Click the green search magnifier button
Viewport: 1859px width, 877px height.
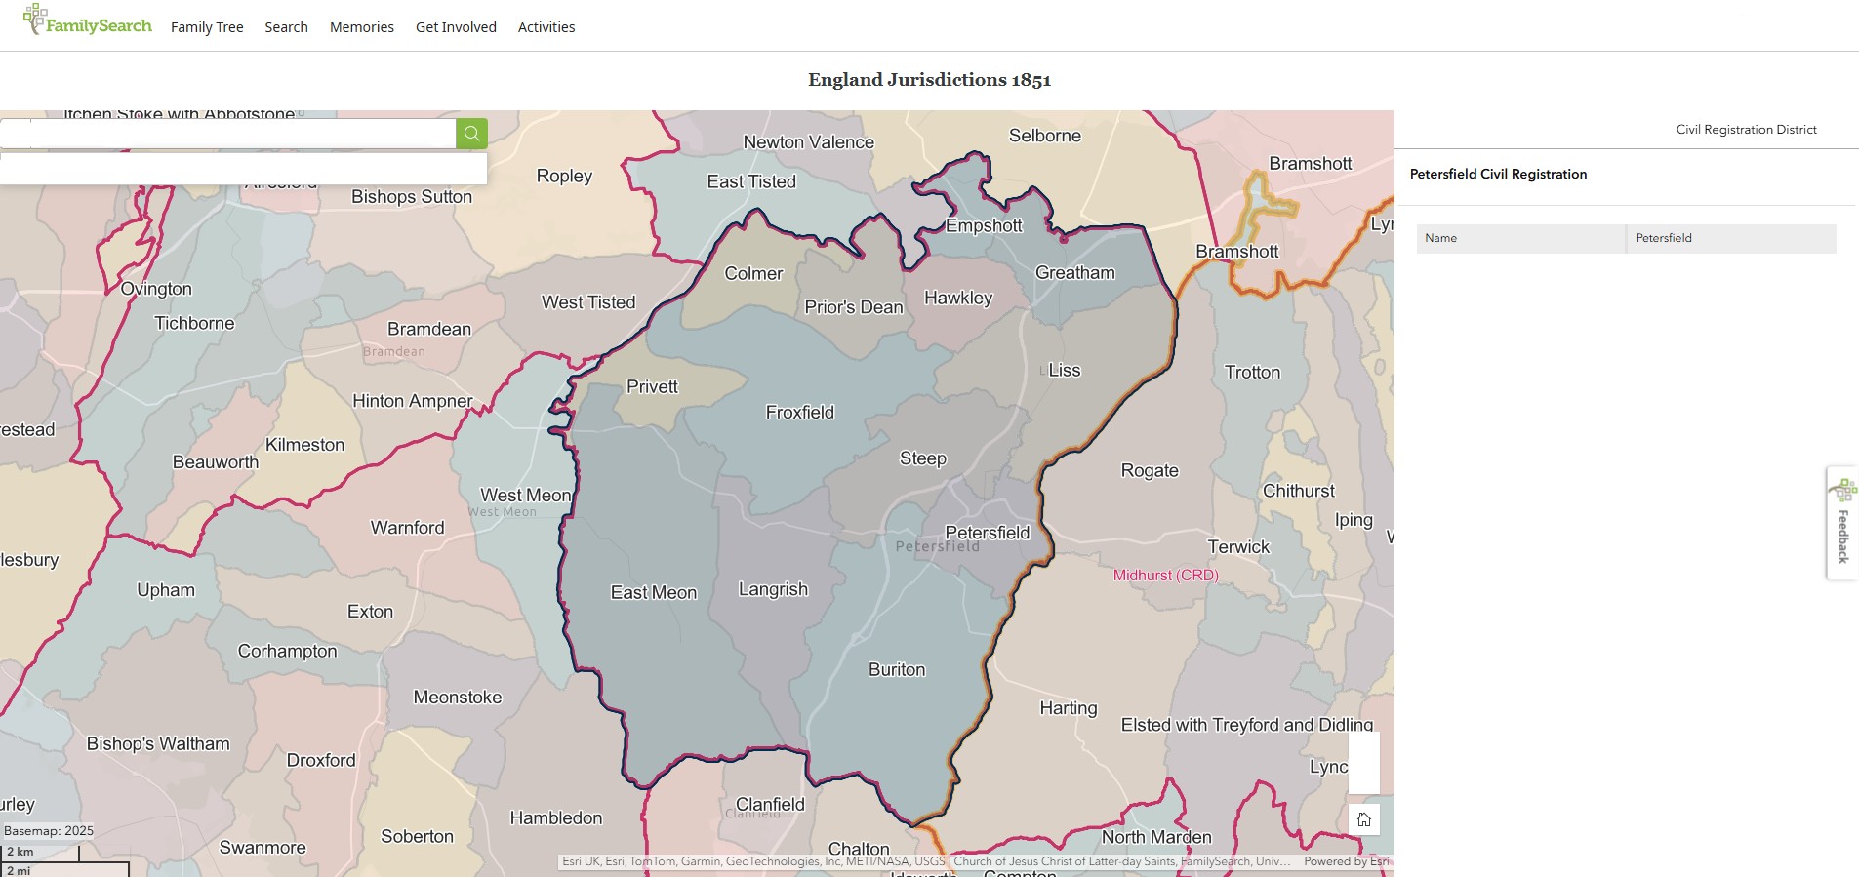(x=471, y=134)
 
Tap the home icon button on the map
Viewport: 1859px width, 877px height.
(x=1363, y=819)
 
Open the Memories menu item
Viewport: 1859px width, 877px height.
(x=361, y=27)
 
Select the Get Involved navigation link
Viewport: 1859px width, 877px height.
(x=456, y=27)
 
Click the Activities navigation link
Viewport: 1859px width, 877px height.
(x=546, y=27)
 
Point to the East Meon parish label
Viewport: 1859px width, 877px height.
(x=653, y=593)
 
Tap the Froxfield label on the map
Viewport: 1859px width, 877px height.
(x=799, y=413)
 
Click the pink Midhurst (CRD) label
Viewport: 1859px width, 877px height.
(x=1165, y=576)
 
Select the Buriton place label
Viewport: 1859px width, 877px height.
(x=896, y=670)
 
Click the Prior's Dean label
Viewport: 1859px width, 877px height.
(x=853, y=307)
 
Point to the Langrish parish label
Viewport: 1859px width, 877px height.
(x=773, y=589)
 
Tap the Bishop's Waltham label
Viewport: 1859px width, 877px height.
(x=158, y=744)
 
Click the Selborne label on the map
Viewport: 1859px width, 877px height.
(x=1044, y=136)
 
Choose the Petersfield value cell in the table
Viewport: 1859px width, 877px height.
(x=1729, y=238)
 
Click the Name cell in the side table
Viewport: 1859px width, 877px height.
(x=1519, y=238)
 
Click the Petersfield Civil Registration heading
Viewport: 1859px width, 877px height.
(x=1498, y=174)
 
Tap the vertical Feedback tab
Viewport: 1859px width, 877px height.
(x=1842, y=525)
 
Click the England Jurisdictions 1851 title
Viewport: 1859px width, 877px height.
(x=929, y=80)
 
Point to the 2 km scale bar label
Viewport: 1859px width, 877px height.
(x=21, y=852)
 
